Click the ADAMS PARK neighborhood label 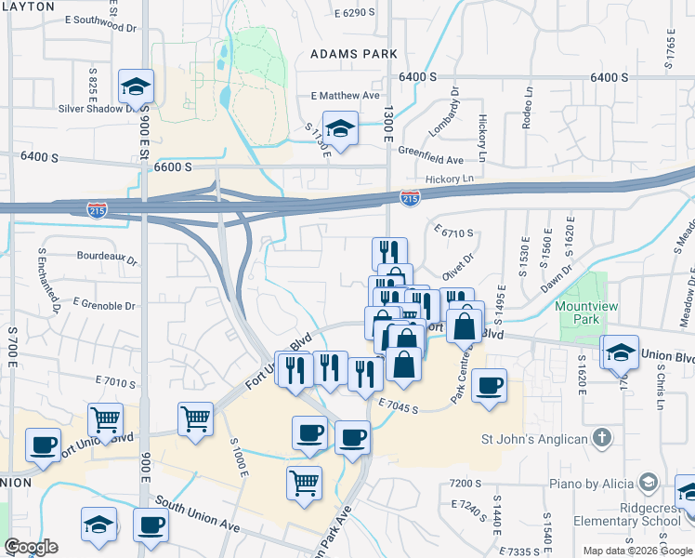(x=354, y=54)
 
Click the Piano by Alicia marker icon (x=648, y=483)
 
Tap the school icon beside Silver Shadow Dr (x=136, y=88)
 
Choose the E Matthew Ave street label (x=346, y=96)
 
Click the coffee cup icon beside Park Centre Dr (x=489, y=385)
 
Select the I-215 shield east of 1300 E (x=409, y=197)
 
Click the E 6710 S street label (x=453, y=232)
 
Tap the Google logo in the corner (x=31, y=547)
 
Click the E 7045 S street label (x=399, y=401)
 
